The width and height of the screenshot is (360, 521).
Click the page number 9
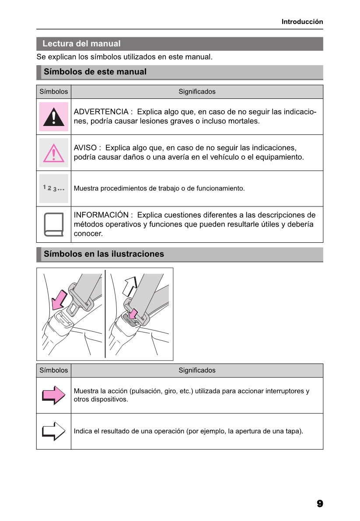(320, 504)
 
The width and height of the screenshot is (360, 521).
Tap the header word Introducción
(302, 21)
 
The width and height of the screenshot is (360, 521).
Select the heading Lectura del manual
(81, 44)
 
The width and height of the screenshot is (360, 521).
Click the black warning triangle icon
(53, 117)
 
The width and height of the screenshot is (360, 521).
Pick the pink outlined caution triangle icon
(53, 153)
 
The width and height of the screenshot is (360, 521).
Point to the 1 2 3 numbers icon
(53, 189)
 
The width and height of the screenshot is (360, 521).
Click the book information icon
(53, 224)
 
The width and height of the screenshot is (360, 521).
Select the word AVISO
(85, 148)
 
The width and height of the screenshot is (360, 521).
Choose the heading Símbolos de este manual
(95, 72)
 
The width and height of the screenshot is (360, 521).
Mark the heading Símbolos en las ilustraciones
(104, 254)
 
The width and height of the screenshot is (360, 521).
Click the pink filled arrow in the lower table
(53, 395)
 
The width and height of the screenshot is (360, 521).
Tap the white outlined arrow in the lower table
(53, 431)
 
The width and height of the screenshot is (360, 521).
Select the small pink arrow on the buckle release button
(133, 314)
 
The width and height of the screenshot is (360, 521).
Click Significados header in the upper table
(197, 92)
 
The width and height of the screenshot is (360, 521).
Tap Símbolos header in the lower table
(53, 371)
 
